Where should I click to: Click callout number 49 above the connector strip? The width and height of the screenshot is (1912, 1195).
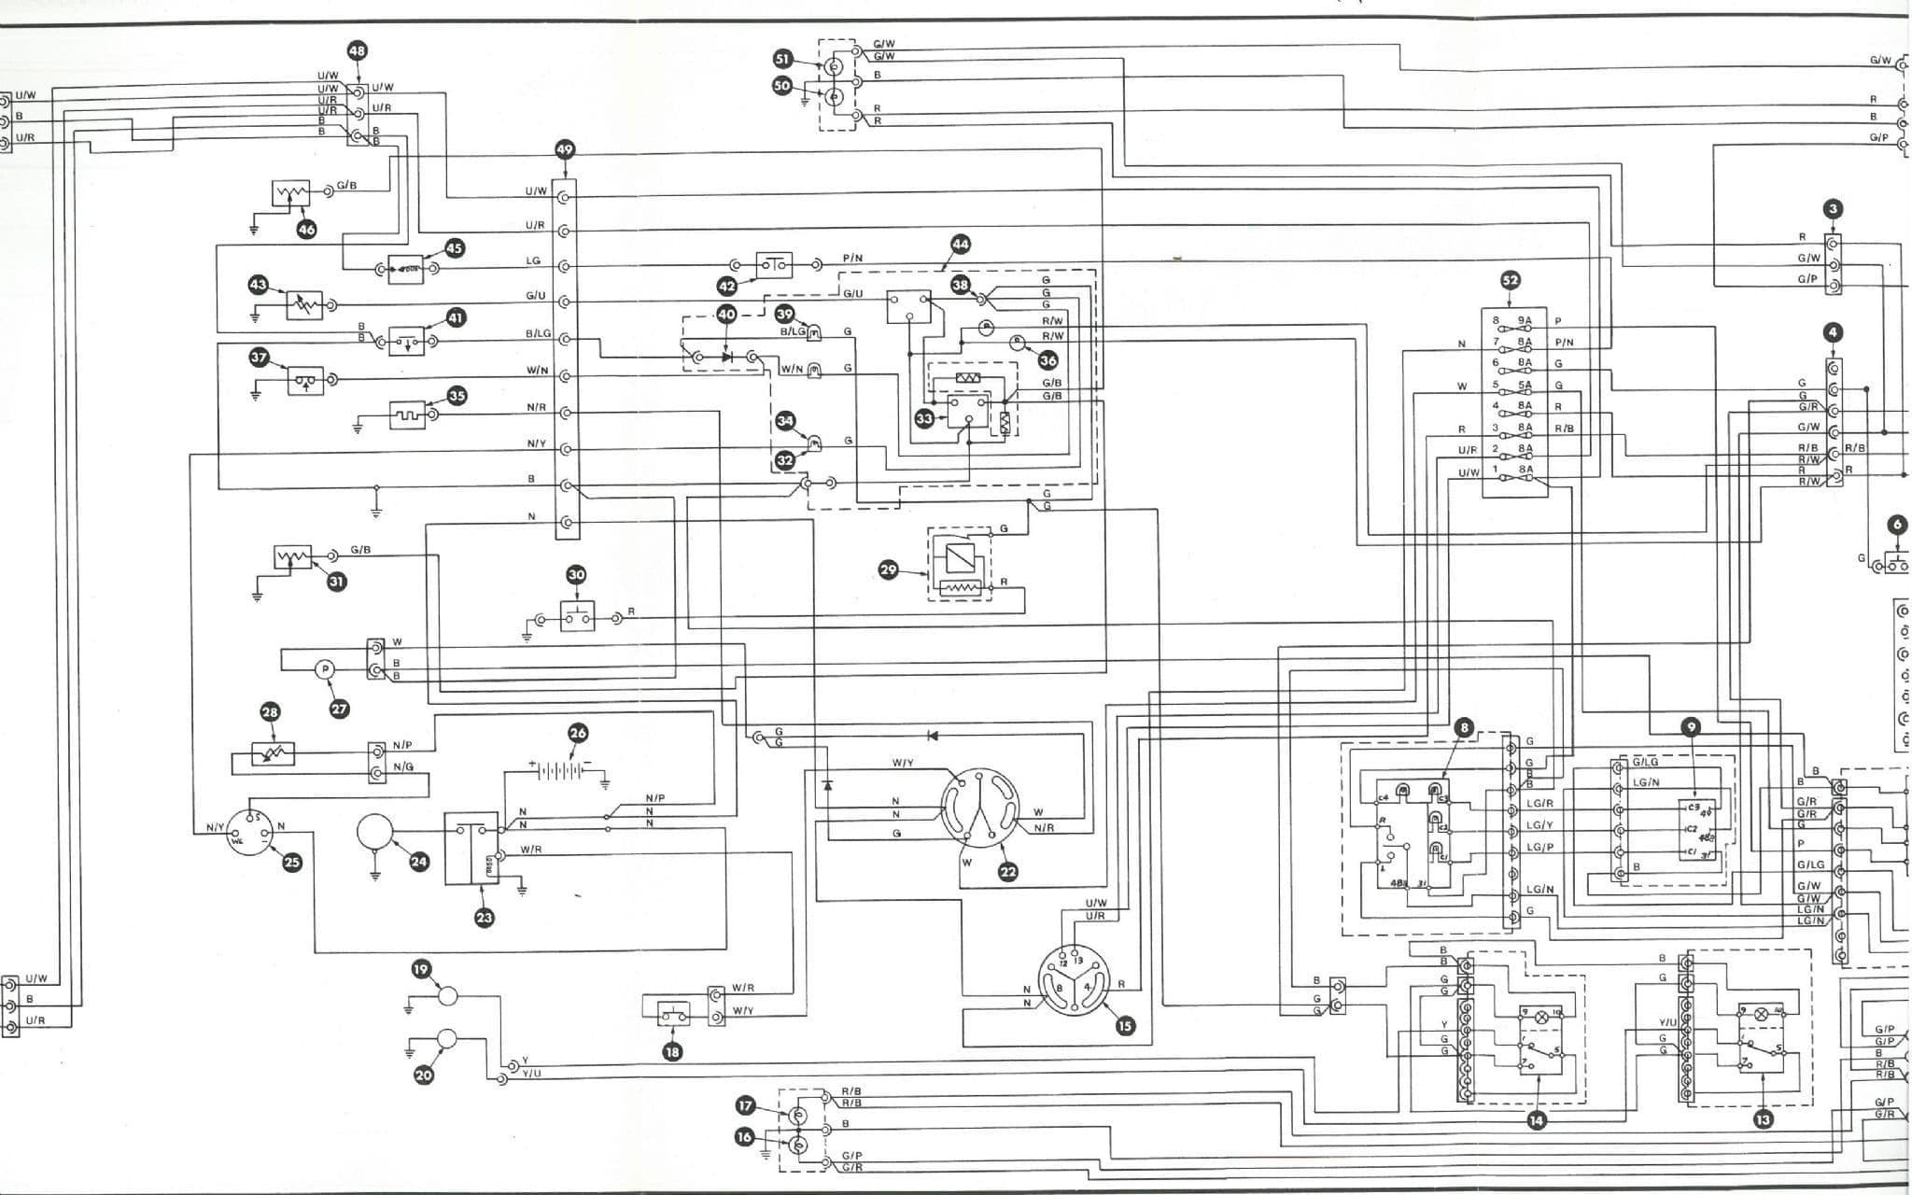point(564,149)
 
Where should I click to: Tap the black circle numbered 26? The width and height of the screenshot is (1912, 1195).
point(578,733)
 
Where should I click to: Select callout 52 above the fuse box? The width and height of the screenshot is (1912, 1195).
point(1510,280)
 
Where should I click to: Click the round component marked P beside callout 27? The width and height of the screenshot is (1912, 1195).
point(324,669)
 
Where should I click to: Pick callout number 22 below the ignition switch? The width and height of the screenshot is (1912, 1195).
point(1007,872)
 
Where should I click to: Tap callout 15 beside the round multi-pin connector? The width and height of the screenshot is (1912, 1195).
point(1125,1026)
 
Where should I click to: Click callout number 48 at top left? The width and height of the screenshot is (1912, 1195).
point(357,50)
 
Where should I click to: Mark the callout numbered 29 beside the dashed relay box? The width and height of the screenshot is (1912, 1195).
point(888,569)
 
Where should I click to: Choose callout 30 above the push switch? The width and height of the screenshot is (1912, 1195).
point(576,575)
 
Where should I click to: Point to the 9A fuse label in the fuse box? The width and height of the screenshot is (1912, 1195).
point(1525,320)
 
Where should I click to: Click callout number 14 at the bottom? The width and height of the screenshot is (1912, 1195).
point(1536,1119)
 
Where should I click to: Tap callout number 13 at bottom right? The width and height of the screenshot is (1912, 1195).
point(1764,1119)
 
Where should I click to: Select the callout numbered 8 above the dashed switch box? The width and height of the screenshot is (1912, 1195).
point(1464,727)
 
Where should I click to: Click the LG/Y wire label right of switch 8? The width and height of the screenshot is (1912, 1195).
point(1539,825)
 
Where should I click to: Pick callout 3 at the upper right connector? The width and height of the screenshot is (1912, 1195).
point(1833,209)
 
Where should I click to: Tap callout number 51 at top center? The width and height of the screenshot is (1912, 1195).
point(782,58)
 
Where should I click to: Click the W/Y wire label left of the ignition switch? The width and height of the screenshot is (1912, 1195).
point(903,764)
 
